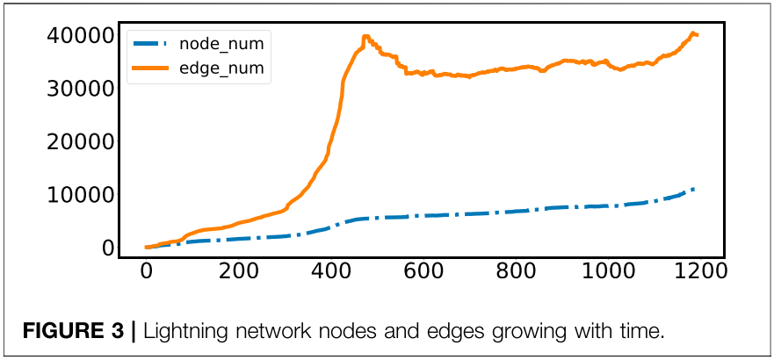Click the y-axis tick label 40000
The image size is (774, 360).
coord(80,35)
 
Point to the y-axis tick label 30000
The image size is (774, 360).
coord(80,88)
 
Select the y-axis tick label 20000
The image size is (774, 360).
coord(80,141)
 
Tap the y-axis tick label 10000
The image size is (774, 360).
coord(80,194)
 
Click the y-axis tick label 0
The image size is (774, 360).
coord(108,248)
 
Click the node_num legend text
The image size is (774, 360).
coord(221,42)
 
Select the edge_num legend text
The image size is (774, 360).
coord(221,67)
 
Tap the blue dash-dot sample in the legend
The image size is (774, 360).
coord(153,42)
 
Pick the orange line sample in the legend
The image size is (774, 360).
coord(153,67)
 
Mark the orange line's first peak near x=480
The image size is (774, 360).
coord(365,37)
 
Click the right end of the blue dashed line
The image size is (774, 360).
coord(695,189)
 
